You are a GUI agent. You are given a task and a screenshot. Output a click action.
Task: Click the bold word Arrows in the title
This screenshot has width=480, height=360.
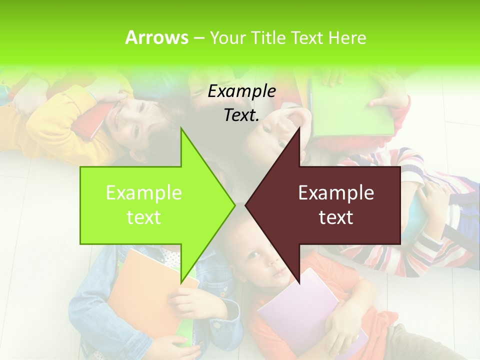[156, 37]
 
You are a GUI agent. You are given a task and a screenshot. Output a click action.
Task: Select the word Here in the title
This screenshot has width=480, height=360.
[347, 38]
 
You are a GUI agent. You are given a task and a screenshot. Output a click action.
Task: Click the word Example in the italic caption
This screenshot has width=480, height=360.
[241, 91]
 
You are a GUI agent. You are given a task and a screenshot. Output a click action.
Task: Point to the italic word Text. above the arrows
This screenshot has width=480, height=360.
[241, 115]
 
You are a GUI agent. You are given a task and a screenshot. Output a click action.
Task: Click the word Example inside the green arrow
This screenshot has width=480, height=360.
[144, 193]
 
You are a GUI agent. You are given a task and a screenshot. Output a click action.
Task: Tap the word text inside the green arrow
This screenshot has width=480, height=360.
[144, 217]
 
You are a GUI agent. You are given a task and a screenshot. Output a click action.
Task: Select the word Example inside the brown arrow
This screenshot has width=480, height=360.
[336, 193]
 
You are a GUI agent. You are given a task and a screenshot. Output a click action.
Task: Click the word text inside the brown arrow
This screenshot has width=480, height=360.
[336, 217]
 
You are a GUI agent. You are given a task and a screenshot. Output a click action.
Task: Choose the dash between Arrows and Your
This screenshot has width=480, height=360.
[198, 38]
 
